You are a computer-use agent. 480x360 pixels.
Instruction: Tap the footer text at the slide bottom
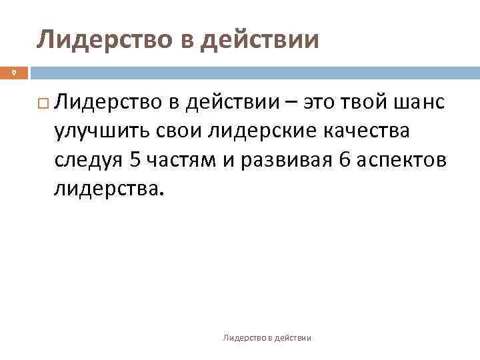(267, 339)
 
